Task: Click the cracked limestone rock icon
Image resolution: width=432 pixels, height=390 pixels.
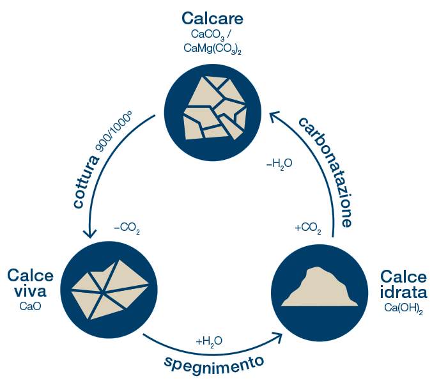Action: pos(215,107)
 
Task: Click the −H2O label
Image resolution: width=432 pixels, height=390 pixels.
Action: pos(279,164)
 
